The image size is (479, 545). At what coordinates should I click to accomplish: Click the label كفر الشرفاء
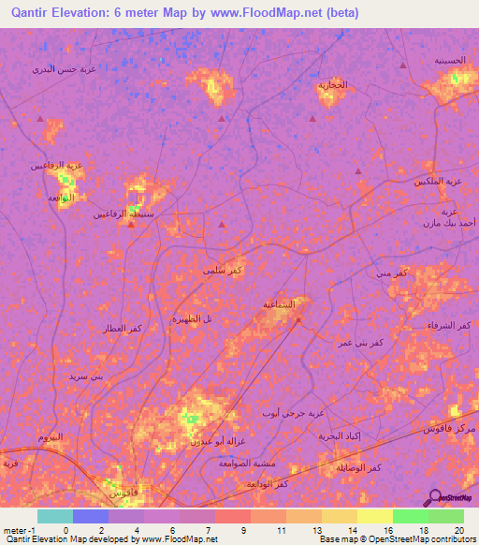452,325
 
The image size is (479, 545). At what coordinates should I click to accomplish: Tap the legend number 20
458,530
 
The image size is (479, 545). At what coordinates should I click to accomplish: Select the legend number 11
281,530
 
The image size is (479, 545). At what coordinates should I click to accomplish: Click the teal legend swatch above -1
55,516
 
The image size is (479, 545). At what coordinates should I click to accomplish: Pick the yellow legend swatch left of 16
375,516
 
